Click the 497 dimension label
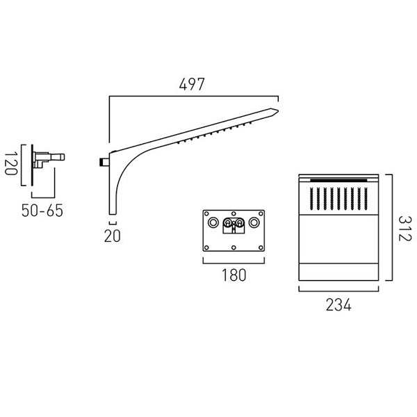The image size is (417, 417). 192,84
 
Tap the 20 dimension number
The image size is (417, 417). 112,236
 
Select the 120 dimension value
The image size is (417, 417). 11,163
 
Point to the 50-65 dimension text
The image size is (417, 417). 42,211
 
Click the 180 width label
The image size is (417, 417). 234,275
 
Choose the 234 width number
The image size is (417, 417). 338,305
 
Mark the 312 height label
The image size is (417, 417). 405,229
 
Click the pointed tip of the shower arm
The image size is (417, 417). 278,111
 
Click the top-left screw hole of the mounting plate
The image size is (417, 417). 206,213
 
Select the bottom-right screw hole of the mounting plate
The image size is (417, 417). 261,248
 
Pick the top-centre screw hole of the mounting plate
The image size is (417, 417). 234,213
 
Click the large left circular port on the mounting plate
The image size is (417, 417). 213,222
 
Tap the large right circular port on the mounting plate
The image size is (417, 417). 254,222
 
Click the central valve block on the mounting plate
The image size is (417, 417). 234,225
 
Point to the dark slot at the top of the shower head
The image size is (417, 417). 338,180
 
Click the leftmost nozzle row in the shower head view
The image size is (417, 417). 311,198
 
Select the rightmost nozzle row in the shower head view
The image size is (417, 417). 366,198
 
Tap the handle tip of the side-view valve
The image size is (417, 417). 63,157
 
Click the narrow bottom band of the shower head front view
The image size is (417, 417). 338,272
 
